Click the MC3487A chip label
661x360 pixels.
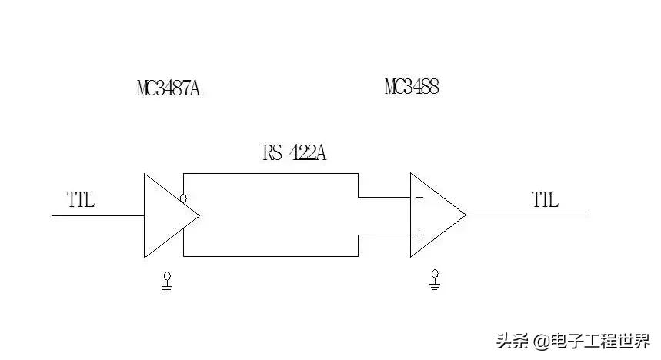coord(169,88)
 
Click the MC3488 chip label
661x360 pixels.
coord(412,87)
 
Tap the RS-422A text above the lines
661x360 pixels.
coord(294,152)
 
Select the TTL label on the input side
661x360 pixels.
coord(81,200)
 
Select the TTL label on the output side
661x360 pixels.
coord(545,200)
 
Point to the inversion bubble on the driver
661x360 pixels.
coord(183,198)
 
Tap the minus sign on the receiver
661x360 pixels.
coord(419,197)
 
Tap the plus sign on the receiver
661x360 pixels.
coord(419,235)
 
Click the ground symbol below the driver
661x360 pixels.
coord(167,282)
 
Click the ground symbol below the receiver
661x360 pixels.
coord(435,280)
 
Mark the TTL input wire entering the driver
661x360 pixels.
coord(98,216)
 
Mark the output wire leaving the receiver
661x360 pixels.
coord(526,215)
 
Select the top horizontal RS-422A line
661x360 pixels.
coord(271,173)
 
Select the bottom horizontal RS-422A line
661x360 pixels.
coord(271,256)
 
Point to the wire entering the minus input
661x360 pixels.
coord(384,197)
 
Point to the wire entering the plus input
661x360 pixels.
coord(384,235)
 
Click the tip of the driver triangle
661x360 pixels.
coord(200,215)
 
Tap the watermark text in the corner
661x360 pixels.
coord(573,341)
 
